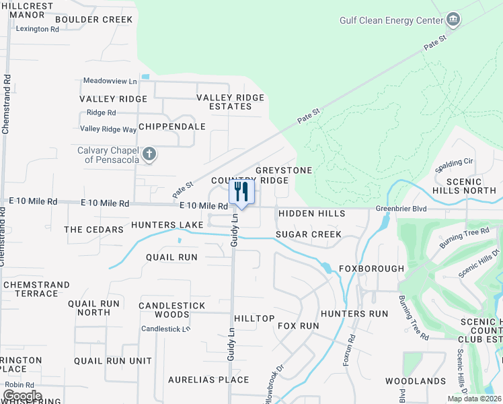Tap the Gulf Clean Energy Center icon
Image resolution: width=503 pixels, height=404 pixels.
(x=454, y=20)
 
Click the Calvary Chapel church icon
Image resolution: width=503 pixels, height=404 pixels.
(x=149, y=155)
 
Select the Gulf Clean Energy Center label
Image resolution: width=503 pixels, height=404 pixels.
(x=391, y=20)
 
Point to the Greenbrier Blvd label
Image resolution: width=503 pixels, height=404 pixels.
(x=401, y=209)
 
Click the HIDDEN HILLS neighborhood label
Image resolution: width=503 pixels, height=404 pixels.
(x=311, y=213)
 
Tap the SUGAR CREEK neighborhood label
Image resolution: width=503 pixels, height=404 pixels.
(x=309, y=234)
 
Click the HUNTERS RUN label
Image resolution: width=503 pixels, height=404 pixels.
(x=354, y=314)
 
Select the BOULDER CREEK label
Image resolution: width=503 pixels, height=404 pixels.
(x=94, y=20)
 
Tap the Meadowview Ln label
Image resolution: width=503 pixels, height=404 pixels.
(x=110, y=81)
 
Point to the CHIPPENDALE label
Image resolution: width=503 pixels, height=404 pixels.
(x=172, y=127)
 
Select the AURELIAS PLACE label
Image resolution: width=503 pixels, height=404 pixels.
(x=208, y=380)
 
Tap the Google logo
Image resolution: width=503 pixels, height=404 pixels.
(x=22, y=396)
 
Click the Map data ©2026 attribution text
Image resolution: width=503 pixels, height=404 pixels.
(x=474, y=399)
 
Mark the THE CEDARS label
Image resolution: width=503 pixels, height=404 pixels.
(x=93, y=230)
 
